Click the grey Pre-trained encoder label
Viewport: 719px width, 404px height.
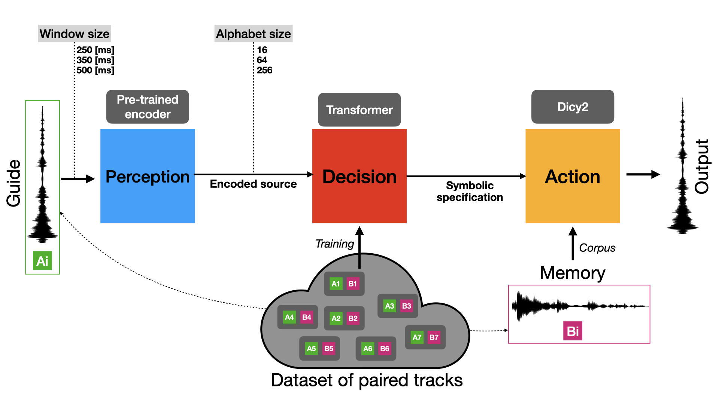(148, 107)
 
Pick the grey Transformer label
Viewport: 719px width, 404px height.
(359, 110)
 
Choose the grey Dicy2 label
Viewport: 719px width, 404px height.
(573, 107)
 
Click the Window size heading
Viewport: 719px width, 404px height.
(75, 34)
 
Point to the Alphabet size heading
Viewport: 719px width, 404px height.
(254, 34)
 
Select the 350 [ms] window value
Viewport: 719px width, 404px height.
(95, 60)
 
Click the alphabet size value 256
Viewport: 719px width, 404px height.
(264, 70)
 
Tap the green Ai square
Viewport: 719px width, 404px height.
(42, 261)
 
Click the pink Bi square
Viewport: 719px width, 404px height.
(573, 331)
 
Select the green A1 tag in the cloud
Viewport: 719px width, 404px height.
(336, 284)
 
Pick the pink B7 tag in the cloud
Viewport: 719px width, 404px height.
(434, 337)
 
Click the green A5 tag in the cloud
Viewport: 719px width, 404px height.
(311, 348)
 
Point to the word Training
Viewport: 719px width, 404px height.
(334, 244)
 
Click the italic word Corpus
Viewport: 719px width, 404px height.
(597, 248)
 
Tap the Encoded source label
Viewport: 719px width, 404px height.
(253, 184)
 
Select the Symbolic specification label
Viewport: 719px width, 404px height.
(470, 191)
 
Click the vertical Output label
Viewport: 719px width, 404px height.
(702, 166)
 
